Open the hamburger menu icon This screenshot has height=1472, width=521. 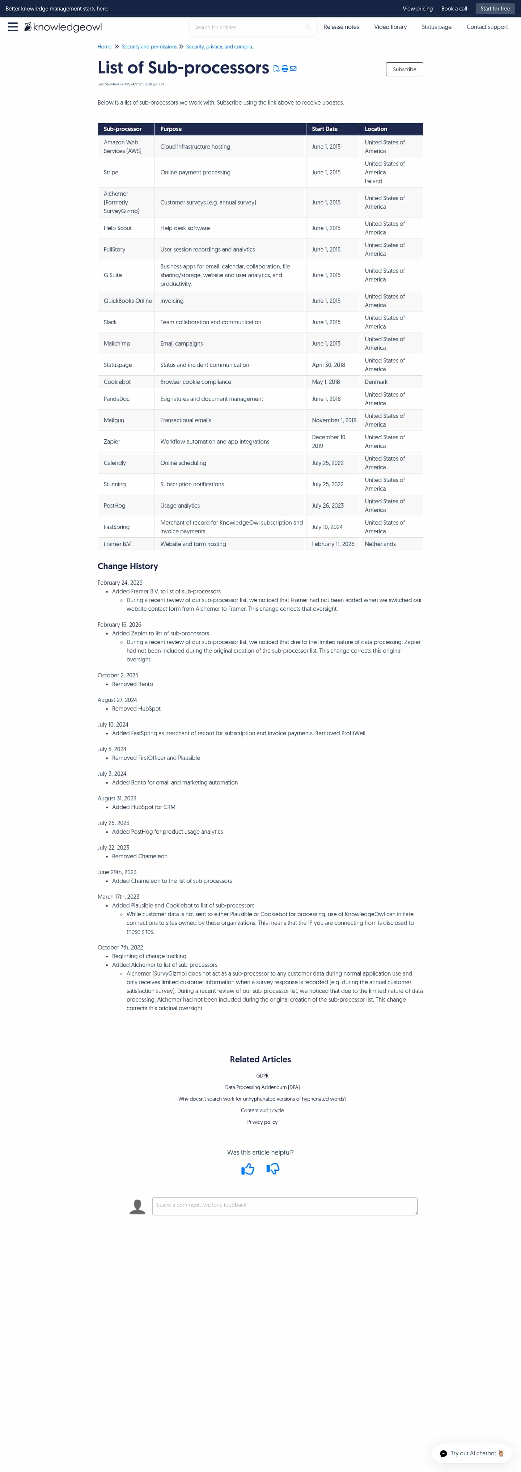coord(13,27)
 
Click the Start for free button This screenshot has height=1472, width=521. coord(495,9)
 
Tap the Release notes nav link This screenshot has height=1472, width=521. coord(341,27)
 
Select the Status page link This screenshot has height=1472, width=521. coord(436,27)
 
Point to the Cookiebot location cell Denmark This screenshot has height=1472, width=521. coord(376,382)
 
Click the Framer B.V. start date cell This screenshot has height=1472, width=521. coord(332,544)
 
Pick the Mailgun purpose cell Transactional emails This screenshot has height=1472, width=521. coord(186,420)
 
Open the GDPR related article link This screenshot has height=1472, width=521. coord(262,1075)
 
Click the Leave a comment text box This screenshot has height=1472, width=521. coord(284,1205)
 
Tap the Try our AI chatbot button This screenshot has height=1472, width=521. coord(471,1453)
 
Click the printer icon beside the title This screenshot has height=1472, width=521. coord(284,69)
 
